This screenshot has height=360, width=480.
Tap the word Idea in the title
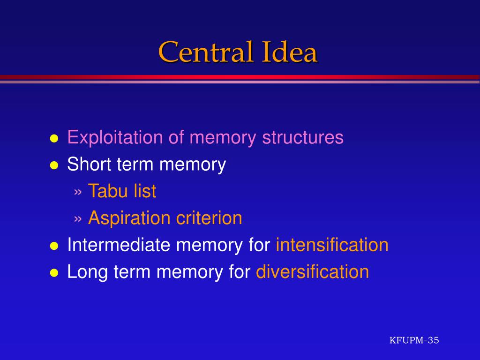(290, 52)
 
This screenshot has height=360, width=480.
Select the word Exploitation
(115, 137)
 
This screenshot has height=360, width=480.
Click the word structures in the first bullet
(303, 137)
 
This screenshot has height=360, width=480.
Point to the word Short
(89, 164)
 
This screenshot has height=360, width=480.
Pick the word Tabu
(107, 191)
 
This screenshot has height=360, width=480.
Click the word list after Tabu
(145, 191)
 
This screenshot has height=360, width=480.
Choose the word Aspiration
(129, 218)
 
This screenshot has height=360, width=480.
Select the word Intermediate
(119, 245)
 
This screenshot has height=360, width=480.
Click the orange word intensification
(332, 245)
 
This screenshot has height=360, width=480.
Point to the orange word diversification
(312, 272)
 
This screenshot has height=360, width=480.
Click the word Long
(87, 272)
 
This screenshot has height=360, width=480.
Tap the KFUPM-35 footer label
(414, 340)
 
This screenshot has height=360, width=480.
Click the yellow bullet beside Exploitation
(54, 139)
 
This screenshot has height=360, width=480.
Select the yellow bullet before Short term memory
(54, 165)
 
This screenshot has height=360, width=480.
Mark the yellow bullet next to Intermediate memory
(54, 246)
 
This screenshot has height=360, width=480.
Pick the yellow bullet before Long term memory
(54, 273)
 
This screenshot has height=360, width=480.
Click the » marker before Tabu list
(78, 192)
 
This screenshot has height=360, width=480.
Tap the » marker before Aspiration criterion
(78, 219)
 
